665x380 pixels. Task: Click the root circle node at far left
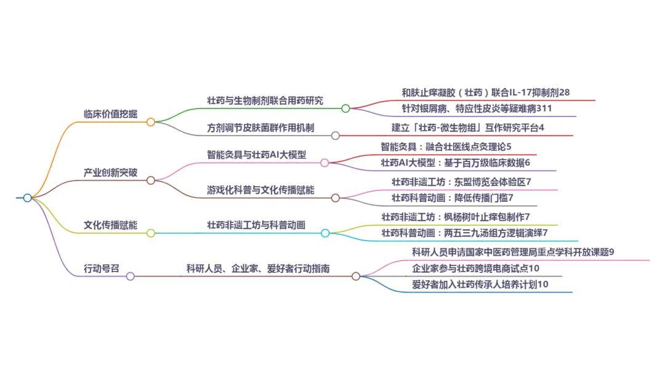point(27,198)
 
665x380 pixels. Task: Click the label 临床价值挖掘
point(111,113)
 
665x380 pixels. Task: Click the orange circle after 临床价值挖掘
point(151,122)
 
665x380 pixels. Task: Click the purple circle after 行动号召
point(130,277)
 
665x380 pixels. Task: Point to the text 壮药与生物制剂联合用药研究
point(265,100)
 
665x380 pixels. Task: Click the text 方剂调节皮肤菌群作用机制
point(260,128)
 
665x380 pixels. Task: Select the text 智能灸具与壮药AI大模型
point(256,155)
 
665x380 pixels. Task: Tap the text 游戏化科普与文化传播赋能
point(260,190)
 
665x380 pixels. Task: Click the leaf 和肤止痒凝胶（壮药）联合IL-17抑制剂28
point(486,92)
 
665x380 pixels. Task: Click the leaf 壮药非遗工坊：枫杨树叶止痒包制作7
point(456,217)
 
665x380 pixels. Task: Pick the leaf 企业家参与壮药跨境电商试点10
point(476,268)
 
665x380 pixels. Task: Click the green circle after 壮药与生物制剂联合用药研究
point(345,108)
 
